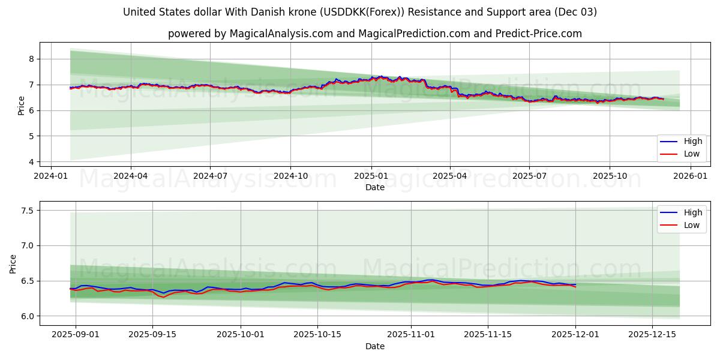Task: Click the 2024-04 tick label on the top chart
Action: pyautogui.click(x=130, y=176)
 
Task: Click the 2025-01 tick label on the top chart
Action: pyautogui.click(x=370, y=176)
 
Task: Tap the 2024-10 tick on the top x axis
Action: pyautogui.click(x=290, y=176)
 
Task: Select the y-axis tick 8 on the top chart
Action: pyautogui.click(x=31, y=59)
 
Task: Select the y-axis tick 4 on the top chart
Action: pyautogui.click(x=31, y=162)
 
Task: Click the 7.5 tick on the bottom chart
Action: pyautogui.click(x=27, y=211)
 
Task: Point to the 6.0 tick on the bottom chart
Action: pyautogui.click(x=27, y=316)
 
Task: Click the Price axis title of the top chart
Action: pyautogui.click(x=22, y=106)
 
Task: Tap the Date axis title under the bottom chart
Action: pyautogui.click(x=375, y=347)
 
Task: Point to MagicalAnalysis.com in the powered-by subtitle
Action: pyautogui.click(x=281, y=34)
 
